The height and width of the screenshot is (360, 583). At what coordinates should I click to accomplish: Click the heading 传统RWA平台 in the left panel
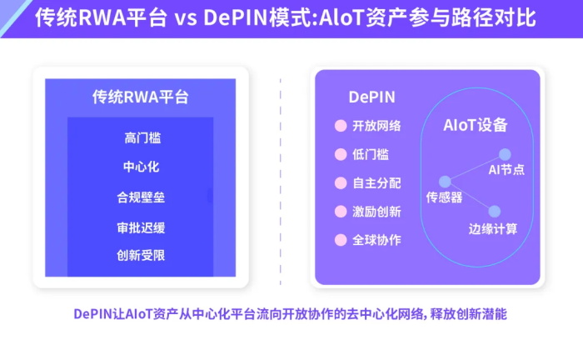140,97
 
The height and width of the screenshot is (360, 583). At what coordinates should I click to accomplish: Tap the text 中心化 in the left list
140,167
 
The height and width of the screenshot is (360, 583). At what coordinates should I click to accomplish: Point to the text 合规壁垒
140,197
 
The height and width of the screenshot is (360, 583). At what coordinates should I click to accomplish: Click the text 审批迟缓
140,227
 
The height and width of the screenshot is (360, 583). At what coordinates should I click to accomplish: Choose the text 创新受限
140,255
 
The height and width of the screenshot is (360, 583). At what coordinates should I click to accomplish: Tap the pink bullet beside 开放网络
340,126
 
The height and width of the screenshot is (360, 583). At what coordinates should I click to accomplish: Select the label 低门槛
370,154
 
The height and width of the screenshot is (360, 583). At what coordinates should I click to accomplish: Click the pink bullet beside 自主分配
340,182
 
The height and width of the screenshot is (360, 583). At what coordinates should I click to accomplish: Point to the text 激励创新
376,212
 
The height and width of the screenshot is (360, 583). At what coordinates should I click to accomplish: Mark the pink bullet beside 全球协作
340,240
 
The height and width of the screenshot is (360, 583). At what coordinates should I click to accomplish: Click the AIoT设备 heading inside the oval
475,126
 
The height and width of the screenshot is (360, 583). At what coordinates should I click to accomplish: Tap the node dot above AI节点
504,153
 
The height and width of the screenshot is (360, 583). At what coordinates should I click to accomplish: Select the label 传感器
444,197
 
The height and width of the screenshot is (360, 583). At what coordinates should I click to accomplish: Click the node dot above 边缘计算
494,212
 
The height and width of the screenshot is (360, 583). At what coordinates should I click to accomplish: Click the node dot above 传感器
445,181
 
